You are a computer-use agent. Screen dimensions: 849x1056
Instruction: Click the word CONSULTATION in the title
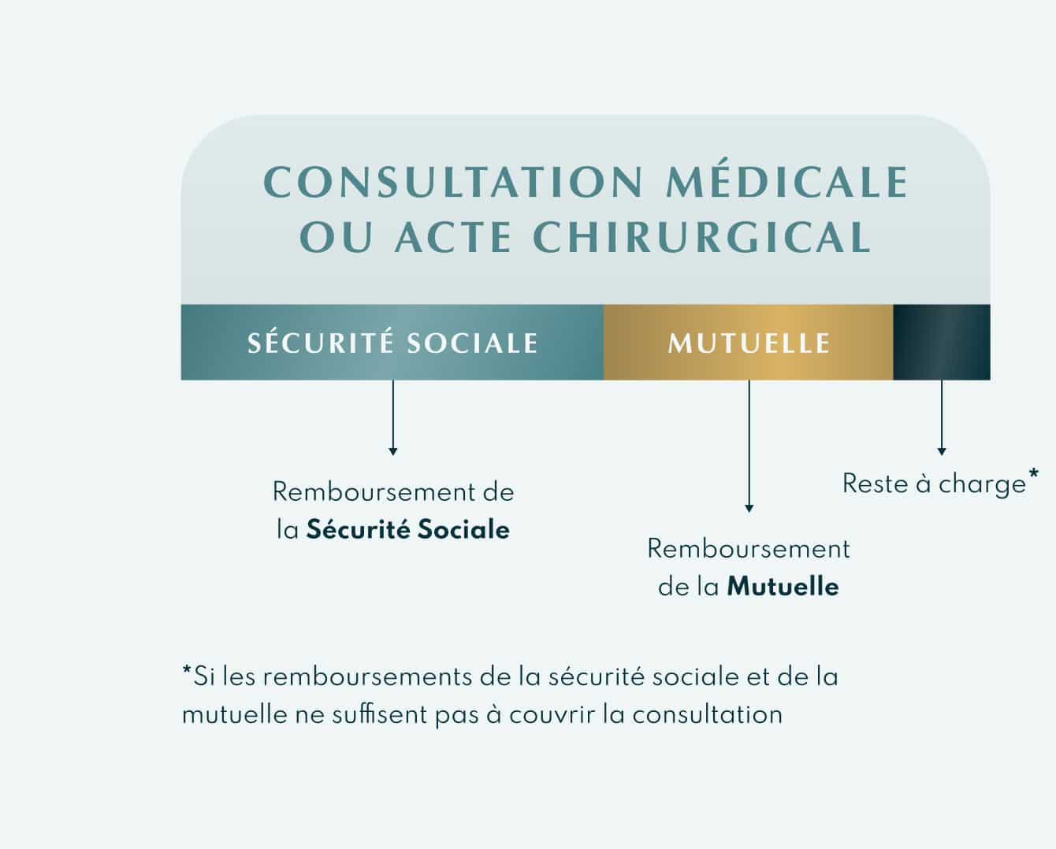(454, 182)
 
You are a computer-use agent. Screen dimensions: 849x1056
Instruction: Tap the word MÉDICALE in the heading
(788, 182)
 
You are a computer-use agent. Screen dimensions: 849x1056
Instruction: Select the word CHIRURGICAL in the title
(702, 238)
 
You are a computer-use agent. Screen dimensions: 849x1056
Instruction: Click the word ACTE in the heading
(453, 238)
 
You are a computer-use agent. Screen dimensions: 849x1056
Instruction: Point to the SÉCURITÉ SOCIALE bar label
(392, 343)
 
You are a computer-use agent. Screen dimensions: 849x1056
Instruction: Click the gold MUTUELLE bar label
(749, 343)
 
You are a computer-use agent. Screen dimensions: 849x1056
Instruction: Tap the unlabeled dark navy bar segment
(941, 343)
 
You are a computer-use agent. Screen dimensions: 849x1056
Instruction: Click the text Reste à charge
(934, 484)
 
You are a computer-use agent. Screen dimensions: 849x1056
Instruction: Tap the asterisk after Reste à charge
(1033, 474)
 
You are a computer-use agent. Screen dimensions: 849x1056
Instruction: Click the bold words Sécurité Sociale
(407, 529)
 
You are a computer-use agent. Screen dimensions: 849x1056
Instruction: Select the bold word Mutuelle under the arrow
(783, 587)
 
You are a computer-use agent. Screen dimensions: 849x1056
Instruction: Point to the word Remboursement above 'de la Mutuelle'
(749, 549)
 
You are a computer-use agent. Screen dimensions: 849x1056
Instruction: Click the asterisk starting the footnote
(187, 672)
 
